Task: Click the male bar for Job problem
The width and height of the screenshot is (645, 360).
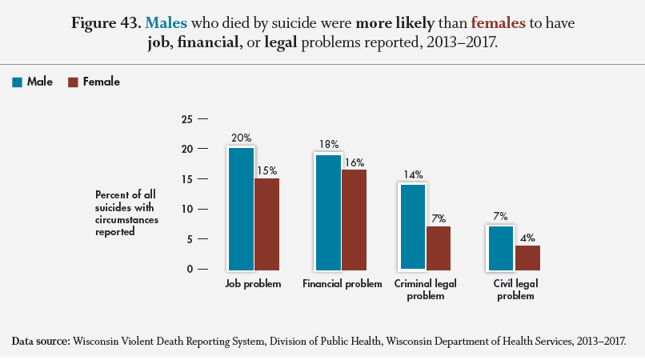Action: [x=241, y=208]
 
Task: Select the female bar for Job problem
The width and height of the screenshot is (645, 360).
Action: [x=266, y=223]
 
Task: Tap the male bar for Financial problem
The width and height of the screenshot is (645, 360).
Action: [x=328, y=211]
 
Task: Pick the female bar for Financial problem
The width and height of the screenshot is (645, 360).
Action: [x=355, y=219]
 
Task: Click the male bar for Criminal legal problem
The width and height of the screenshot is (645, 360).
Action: [x=413, y=226]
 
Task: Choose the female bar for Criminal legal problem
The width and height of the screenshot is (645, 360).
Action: [x=439, y=247]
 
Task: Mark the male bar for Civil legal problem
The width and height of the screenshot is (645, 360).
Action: [x=500, y=247]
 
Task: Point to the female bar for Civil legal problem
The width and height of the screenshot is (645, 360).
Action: [x=527, y=257]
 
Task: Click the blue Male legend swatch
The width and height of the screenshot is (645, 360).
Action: [x=17, y=82]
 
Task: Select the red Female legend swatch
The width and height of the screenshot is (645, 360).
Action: [x=73, y=82]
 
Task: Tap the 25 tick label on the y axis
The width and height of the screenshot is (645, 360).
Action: [x=188, y=119]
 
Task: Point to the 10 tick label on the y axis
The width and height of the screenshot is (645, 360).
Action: [x=188, y=209]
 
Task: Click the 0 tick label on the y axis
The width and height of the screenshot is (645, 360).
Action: [x=191, y=269]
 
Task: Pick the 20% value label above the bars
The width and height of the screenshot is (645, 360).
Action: [x=241, y=138]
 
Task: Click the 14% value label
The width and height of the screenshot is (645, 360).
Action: [x=413, y=174]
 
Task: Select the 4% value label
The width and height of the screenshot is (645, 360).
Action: [x=527, y=237]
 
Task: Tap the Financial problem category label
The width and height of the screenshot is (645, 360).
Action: [x=342, y=284]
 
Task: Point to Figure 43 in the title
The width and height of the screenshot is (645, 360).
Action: [x=105, y=24]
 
